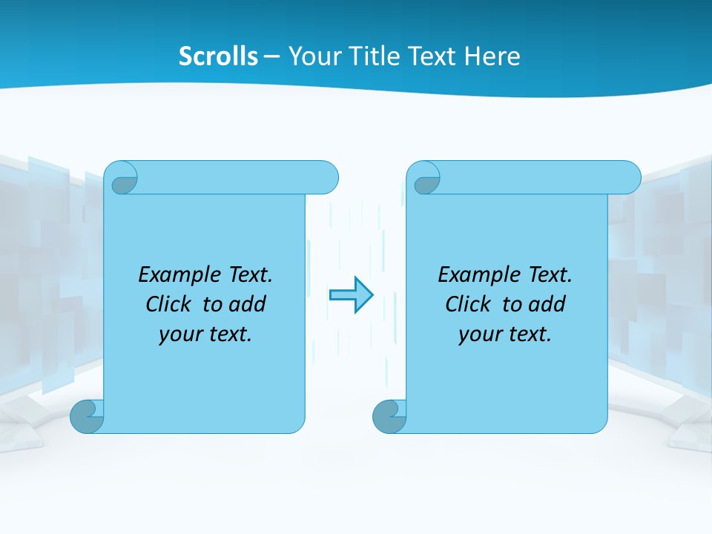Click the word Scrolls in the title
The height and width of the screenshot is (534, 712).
(x=219, y=56)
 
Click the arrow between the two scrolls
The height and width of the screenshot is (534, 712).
(x=351, y=295)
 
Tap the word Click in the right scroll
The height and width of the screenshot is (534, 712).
(x=469, y=304)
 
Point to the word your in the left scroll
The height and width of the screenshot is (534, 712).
(x=179, y=334)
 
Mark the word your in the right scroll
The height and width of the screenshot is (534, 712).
(x=478, y=334)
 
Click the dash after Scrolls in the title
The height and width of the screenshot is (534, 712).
(x=271, y=57)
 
